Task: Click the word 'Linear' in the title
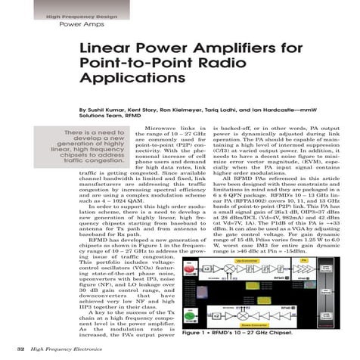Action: pos(104,50)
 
